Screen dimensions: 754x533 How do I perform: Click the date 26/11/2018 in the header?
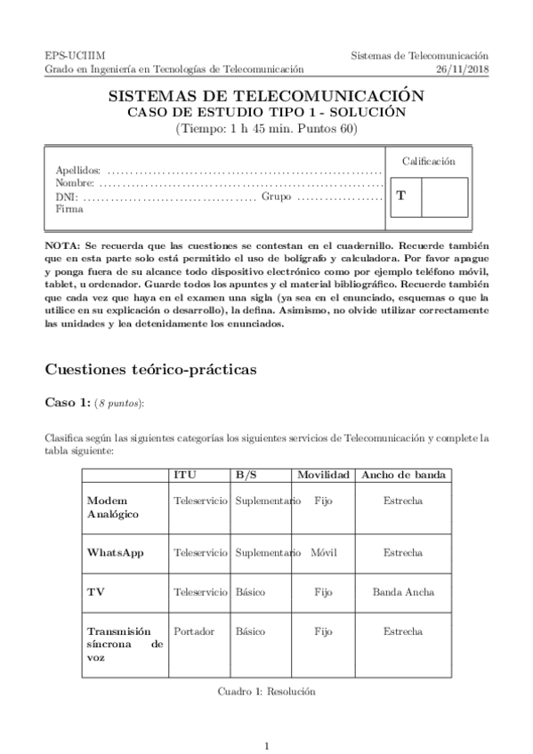463,68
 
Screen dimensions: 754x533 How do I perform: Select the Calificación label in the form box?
428,161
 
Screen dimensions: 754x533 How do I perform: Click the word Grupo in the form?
276,197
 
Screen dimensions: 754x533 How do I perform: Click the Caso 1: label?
68,403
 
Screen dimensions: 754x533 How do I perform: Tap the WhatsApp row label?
115,552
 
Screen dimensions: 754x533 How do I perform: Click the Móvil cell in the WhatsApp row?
323,552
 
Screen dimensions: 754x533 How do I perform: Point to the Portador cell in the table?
194,630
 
